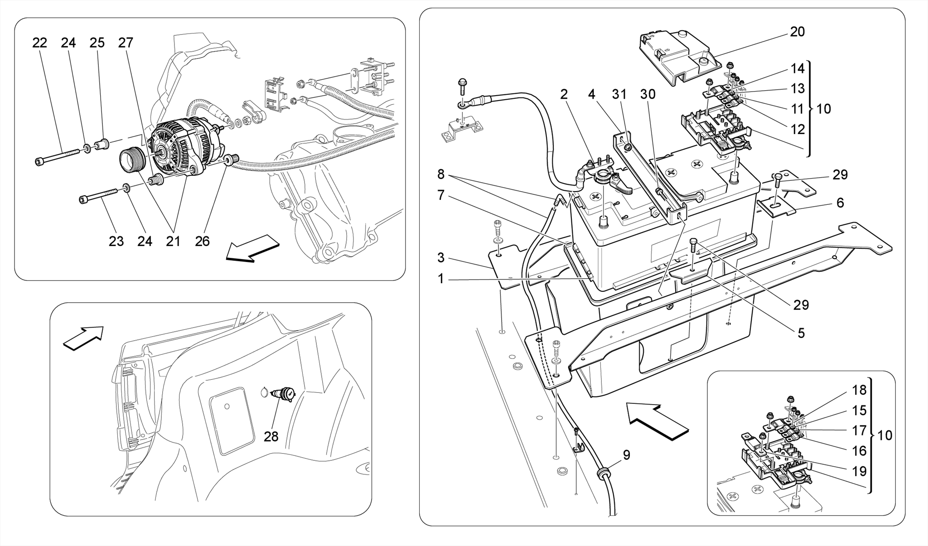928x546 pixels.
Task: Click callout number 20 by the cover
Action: pos(797,32)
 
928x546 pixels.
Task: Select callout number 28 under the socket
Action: pos(271,436)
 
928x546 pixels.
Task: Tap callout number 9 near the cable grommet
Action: pos(626,455)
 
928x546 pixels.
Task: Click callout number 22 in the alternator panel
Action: pos(39,43)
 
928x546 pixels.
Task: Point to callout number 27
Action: pos(126,43)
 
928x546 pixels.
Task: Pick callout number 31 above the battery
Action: pos(619,94)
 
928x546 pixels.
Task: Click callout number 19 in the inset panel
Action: pos(859,471)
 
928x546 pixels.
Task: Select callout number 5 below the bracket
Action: pos(801,333)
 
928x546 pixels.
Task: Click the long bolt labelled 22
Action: pos(61,156)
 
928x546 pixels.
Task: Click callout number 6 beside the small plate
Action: pos(840,203)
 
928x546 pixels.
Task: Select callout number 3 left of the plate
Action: pos(441,258)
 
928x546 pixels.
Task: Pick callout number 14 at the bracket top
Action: pos(797,68)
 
